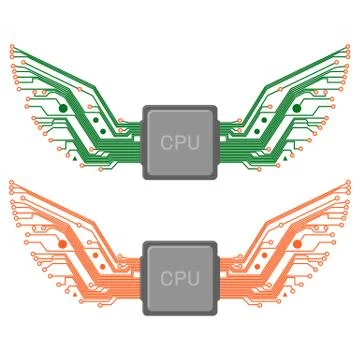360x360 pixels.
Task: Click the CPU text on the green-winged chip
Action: (x=180, y=142)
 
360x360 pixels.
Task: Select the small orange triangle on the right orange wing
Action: (x=286, y=293)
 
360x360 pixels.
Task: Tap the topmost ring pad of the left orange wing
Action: (x=9, y=182)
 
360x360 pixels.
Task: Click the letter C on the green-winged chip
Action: (x=167, y=142)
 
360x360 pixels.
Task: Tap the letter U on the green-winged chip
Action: (x=193, y=142)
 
